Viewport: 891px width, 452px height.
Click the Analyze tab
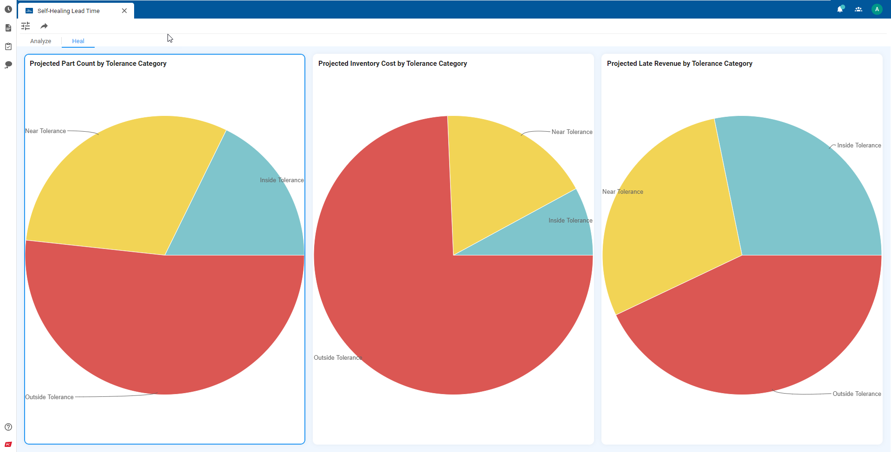click(41, 41)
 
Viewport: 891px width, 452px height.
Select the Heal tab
click(78, 41)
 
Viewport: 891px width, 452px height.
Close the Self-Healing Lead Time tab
click(124, 11)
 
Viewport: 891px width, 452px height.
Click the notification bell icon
click(840, 9)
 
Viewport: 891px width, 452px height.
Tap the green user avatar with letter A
click(877, 9)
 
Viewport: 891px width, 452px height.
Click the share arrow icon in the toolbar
click(44, 26)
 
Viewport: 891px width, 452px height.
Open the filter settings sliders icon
click(26, 26)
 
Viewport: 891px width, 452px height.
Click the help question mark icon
click(8, 427)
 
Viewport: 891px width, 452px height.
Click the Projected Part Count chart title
click(98, 64)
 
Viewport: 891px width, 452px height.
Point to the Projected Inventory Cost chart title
click(392, 64)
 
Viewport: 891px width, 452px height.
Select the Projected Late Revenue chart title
click(679, 64)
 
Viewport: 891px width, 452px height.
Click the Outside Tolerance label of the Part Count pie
click(49, 397)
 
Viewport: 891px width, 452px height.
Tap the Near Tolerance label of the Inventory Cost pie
click(572, 132)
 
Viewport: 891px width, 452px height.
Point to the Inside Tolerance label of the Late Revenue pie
click(859, 146)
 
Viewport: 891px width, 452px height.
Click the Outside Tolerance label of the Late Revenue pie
click(857, 394)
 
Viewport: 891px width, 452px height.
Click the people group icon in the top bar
click(859, 9)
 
